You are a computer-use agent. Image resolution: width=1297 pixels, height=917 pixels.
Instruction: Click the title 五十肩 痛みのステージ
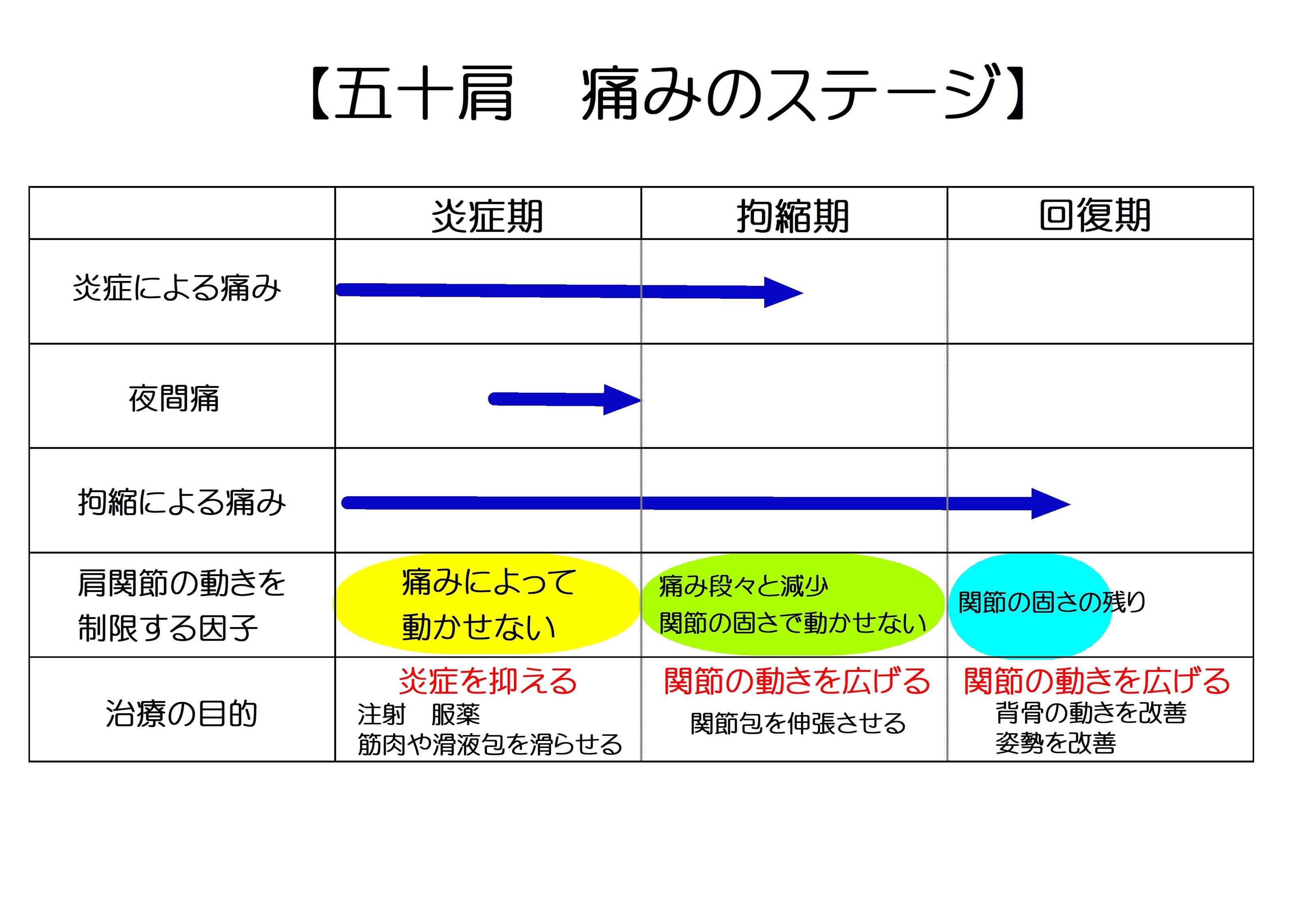pos(667,93)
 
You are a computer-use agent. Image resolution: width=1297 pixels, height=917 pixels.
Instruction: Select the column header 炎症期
pos(487,216)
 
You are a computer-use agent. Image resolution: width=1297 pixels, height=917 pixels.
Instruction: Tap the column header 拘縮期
pos(793,216)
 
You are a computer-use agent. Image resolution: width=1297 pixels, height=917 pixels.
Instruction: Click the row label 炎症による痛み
pos(177,288)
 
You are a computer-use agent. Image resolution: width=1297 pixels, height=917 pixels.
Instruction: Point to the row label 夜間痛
pos(174,399)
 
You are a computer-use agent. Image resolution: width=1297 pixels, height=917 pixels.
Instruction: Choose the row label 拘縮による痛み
pos(182,502)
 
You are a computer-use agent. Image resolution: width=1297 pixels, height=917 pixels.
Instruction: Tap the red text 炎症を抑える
pos(488,681)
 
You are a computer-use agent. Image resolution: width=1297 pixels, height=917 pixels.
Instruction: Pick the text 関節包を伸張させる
pos(798,724)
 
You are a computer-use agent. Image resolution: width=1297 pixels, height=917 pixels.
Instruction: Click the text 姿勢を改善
pos(1055,743)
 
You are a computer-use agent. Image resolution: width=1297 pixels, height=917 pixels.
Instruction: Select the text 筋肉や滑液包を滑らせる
pos(490,745)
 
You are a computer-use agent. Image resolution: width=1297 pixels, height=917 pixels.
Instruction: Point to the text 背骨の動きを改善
pos(1091,713)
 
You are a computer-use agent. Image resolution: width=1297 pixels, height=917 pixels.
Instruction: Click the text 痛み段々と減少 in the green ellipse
pos(743,587)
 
